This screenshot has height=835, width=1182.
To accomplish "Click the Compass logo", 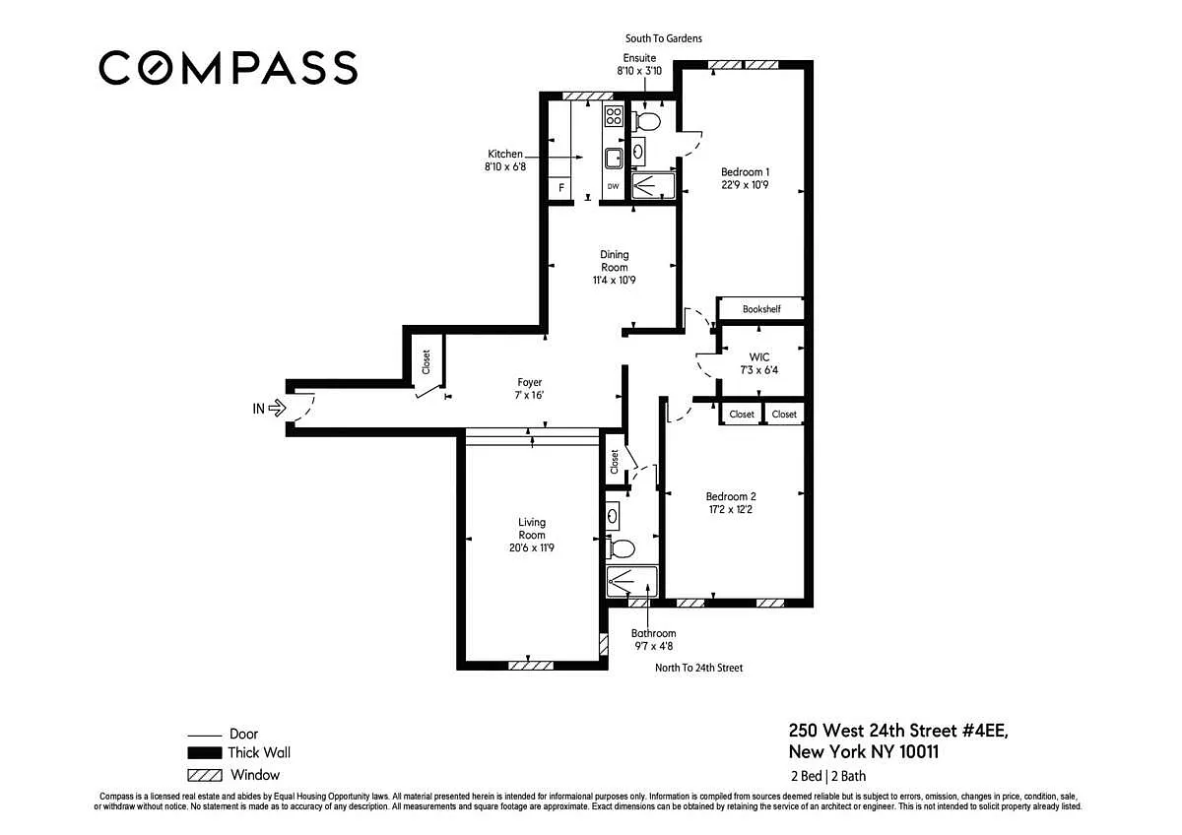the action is pyautogui.click(x=228, y=68).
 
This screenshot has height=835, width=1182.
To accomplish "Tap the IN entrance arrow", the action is pyautogui.click(x=277, y=408).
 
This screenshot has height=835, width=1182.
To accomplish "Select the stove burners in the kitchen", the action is pyautogui.click(x=614, y=116).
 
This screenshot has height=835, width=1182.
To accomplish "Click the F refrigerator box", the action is pyautogui.click(x=560, y=188).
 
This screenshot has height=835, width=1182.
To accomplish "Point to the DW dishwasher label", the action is pyautogui.click(x=613, y=186).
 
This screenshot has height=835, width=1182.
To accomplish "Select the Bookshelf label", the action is pyautogui.click(x=760, y=309).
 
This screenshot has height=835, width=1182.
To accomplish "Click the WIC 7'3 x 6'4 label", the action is pyautogui.click(x=758, y=363).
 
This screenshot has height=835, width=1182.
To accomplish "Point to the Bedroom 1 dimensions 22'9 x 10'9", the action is pyautogui.click(x=745, y=185).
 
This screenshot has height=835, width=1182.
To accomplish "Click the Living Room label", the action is pyautogui.click(x=531, y=529).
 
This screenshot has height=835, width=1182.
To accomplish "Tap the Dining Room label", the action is pyautogui.click(x=615, y=261).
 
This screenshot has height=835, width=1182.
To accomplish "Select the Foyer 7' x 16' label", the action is pyautogui.click(x=529, y=389).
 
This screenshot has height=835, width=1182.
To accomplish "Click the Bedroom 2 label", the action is pyautogui.click(x=731, y=496).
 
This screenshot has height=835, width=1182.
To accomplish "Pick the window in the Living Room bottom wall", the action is pyautogui.click(x=530, y=666).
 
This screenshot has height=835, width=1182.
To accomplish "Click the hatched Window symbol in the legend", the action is pyautogui.click(x=205, y=775).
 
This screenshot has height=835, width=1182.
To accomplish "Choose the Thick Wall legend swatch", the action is pyautogui.click(x=205, y=752).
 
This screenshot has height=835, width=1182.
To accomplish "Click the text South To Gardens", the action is pyautogui.click(x=663, y=38).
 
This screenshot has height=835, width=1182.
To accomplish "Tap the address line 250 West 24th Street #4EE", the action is pyautogui.click(x=898, y=731).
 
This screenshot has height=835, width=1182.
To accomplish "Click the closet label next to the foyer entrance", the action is pyautogui.click(x=426, y=361).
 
